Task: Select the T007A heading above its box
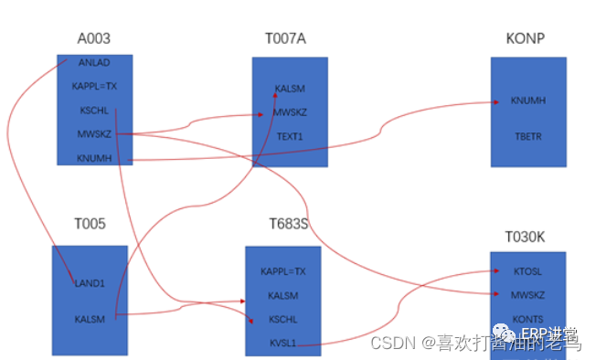(x=289, y=38)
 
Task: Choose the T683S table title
(x=288, y=225)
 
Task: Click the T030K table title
(x=527, y=237)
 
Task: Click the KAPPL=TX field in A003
(x=95, y=87)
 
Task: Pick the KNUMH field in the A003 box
(x=95, y=158)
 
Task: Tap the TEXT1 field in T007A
(x=291, y=136)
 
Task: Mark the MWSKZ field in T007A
(x=291, y=112)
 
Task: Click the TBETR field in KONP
(x=528, y=135)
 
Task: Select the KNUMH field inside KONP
(x=528, y=101)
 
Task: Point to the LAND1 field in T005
(x=90, y=283)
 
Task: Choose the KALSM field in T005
(x=90, y=319)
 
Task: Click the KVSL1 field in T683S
(x=283, y=344)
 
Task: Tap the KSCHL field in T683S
(x=283, y=320)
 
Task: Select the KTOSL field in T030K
(x=528, y=271)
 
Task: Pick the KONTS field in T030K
(x=528, y=319)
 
